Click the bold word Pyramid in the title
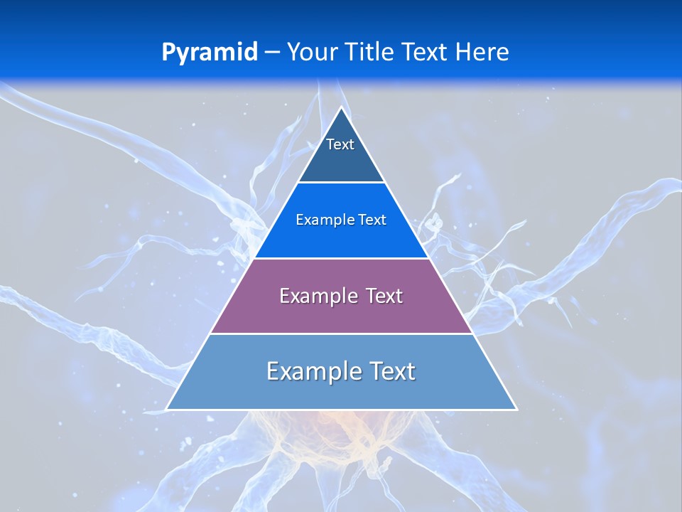tap(209, 53)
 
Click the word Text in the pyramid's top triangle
tap(340, 144)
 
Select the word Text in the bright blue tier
tap(372, 220)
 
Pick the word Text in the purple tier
tap(384, 296)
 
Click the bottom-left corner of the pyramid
tap(168, 409)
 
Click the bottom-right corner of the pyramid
tap(516, 409)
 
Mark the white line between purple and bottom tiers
tap(341, 334)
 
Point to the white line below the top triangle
tap(341, 183)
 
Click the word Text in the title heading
tap(424, 52)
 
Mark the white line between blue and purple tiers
tap(341, 258)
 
